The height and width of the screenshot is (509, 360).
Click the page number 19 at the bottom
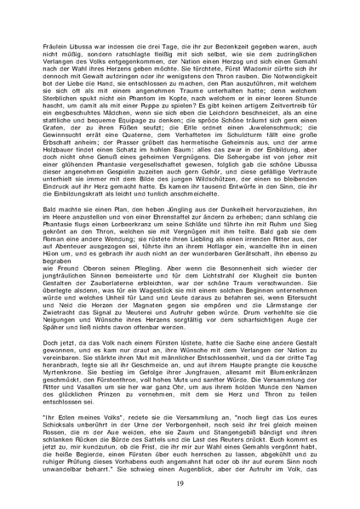pyautogui.click(x=180, y=483)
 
